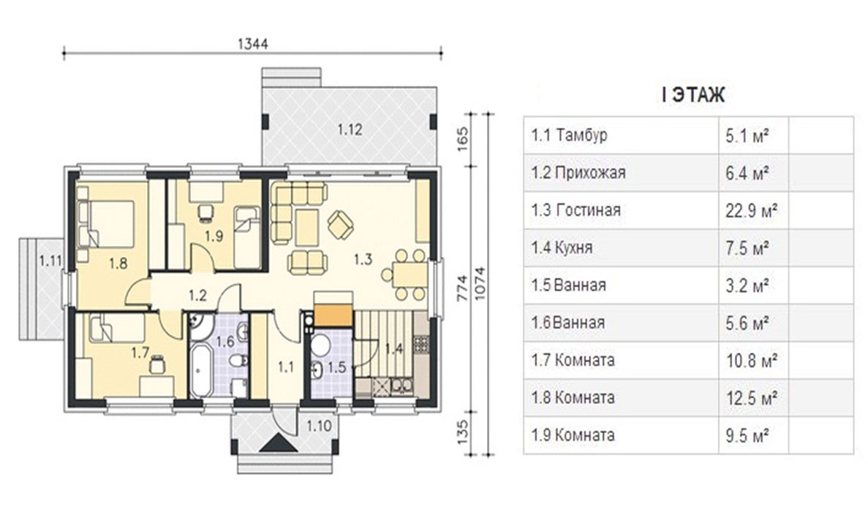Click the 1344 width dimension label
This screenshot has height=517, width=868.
click(x=252, y=44)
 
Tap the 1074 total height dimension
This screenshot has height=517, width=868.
click(x=480, y=283)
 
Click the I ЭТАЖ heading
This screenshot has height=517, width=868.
click(x=693, y=95)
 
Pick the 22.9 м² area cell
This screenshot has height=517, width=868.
click(x=752, y=211)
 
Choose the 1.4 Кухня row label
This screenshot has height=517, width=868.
click(x=562, y=247)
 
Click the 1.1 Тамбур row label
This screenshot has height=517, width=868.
click(x=569, y=135)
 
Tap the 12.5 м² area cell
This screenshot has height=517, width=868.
click(x=752, y=397)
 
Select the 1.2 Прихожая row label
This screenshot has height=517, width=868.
click(x=578, y=172)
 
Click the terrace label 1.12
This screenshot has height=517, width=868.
click(x=350, y=129)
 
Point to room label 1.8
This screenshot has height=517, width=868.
click(x=118, y=263)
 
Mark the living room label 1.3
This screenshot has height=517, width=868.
click(x=363, y=258)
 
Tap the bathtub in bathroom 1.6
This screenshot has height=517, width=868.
click(x=200, y=370)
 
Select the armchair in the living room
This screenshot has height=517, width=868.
click(x=339, y=225)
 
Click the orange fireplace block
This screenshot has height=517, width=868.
click(x=333, y=315)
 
